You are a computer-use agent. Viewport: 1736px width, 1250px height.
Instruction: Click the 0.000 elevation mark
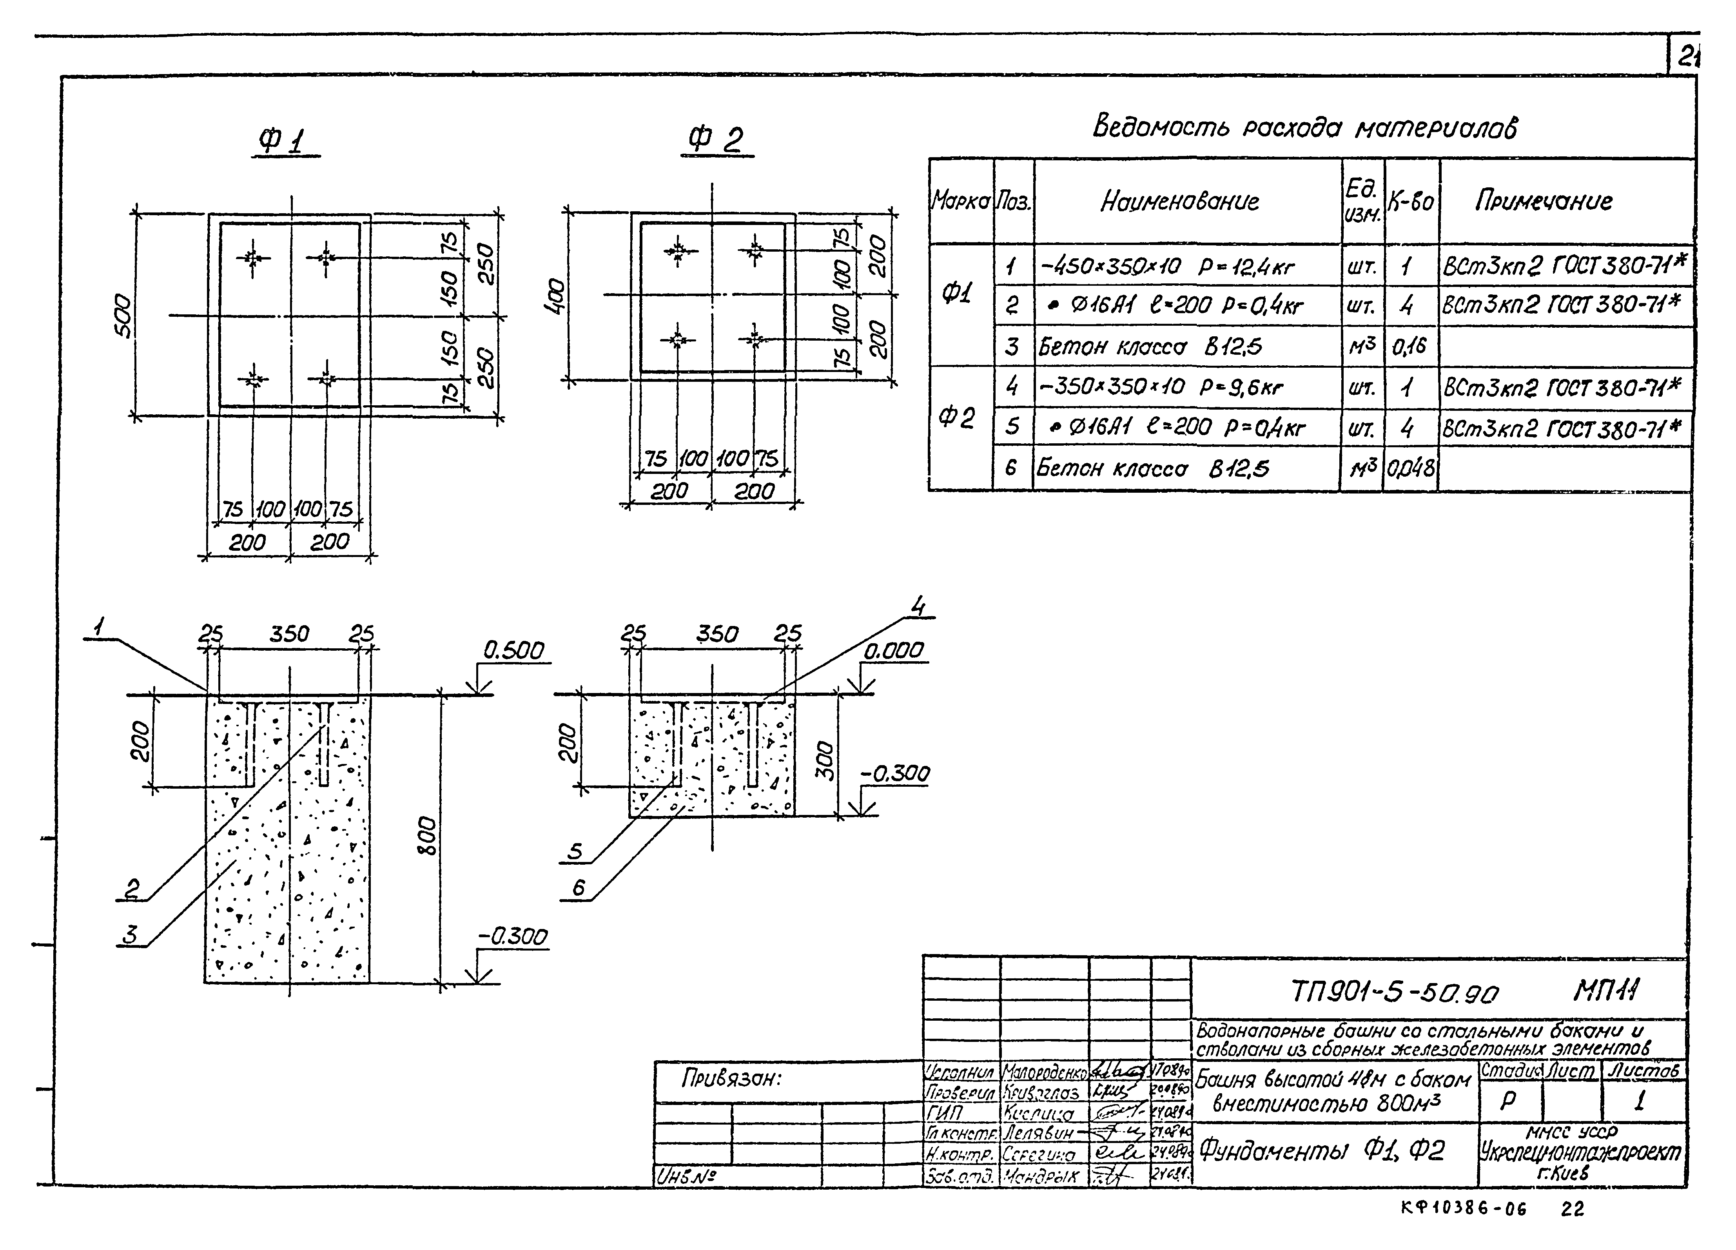[894, 651]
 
